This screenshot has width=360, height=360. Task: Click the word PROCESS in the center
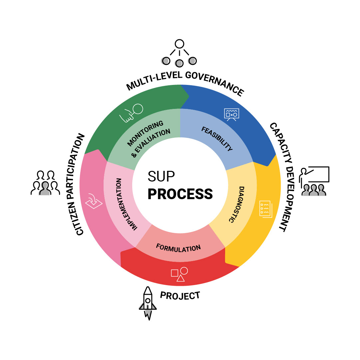tap(180, 193)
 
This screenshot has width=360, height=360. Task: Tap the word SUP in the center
tap(162, 177)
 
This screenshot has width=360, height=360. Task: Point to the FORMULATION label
tap(179, 248)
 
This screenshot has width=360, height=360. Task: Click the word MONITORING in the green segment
tap(145, 134)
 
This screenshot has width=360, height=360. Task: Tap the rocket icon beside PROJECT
tap(148, 303)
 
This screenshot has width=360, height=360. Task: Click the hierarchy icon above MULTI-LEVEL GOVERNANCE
tap(180, 53)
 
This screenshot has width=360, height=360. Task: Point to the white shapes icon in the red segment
tap(179, 274)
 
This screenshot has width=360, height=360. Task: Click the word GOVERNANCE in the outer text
tap(214, 84)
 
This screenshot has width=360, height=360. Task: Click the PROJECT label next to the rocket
tap(180, 295)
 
